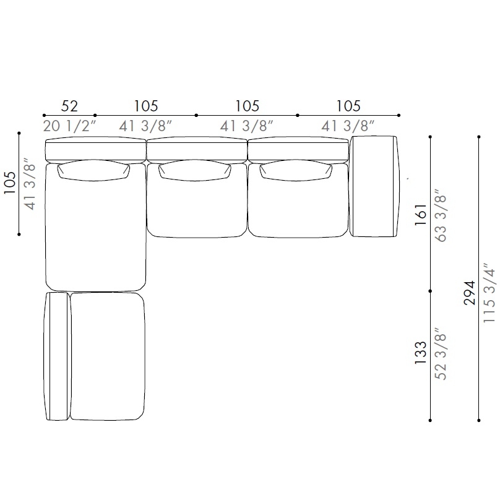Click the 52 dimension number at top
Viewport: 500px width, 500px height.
tap(69, 106)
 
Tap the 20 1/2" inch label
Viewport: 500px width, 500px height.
tap(69, 126)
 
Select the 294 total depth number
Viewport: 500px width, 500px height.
tap(470, 293)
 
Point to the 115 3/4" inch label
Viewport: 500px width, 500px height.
tap(489, 293)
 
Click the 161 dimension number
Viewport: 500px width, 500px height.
tap(421, 215)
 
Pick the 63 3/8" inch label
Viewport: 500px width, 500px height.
tap(441, 216)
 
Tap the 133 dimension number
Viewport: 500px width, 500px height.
tap(421, 353)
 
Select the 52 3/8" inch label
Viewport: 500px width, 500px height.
tap(441, 354)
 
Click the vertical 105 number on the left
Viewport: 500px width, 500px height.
tap(10, 183)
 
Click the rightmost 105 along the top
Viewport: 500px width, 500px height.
tap(348, 106)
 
